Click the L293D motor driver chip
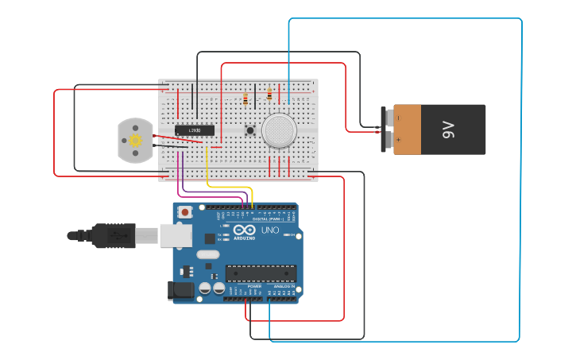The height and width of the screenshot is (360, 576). click(195, 130)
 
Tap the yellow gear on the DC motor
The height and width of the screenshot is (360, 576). click(135, 141)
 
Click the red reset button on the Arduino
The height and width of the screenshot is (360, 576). click(185, 212)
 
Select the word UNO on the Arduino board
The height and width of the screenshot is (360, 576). click(270, 231)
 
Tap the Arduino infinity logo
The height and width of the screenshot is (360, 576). click(244, 231)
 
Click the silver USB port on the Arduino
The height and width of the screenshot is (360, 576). click(176, 234)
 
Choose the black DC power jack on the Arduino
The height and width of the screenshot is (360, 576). click(180, 291)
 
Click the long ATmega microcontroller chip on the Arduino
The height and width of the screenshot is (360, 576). click(261, 273)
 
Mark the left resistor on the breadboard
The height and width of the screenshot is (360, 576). click(245, 99)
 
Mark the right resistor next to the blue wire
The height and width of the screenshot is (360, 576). click(269, 95)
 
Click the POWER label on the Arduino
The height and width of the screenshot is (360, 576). click(254, 286)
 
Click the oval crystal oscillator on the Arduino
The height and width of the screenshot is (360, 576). click(207, 255)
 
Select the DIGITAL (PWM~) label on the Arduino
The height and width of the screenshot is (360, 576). click(266, 219)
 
